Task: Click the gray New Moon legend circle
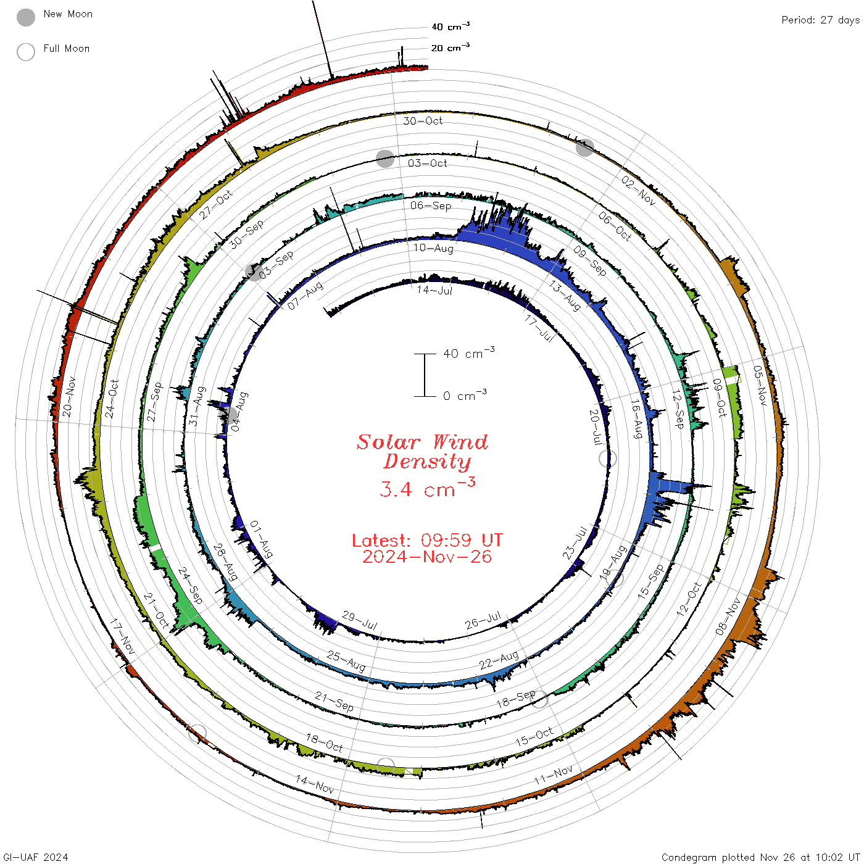25,17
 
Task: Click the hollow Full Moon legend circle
25,52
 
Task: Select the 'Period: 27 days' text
820,20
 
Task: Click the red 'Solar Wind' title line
422,442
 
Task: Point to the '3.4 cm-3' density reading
427,488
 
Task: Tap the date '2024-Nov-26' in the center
427,557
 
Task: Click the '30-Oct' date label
422,121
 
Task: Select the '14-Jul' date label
434,290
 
